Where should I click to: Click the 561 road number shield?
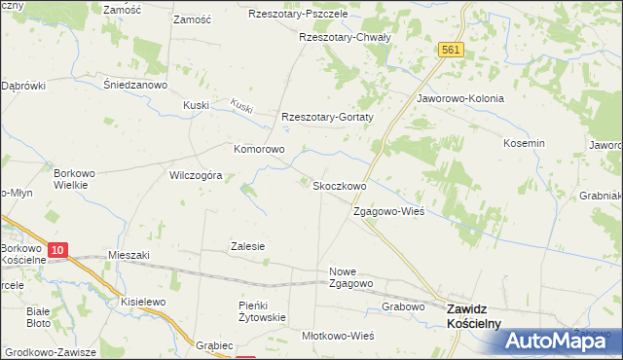450,49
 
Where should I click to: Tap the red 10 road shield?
57,250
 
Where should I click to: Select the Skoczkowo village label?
338,186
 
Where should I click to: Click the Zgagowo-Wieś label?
388,212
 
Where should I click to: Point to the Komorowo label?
259,150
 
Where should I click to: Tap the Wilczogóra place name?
197,176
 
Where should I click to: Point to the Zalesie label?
247,246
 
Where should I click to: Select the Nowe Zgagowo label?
351,277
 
